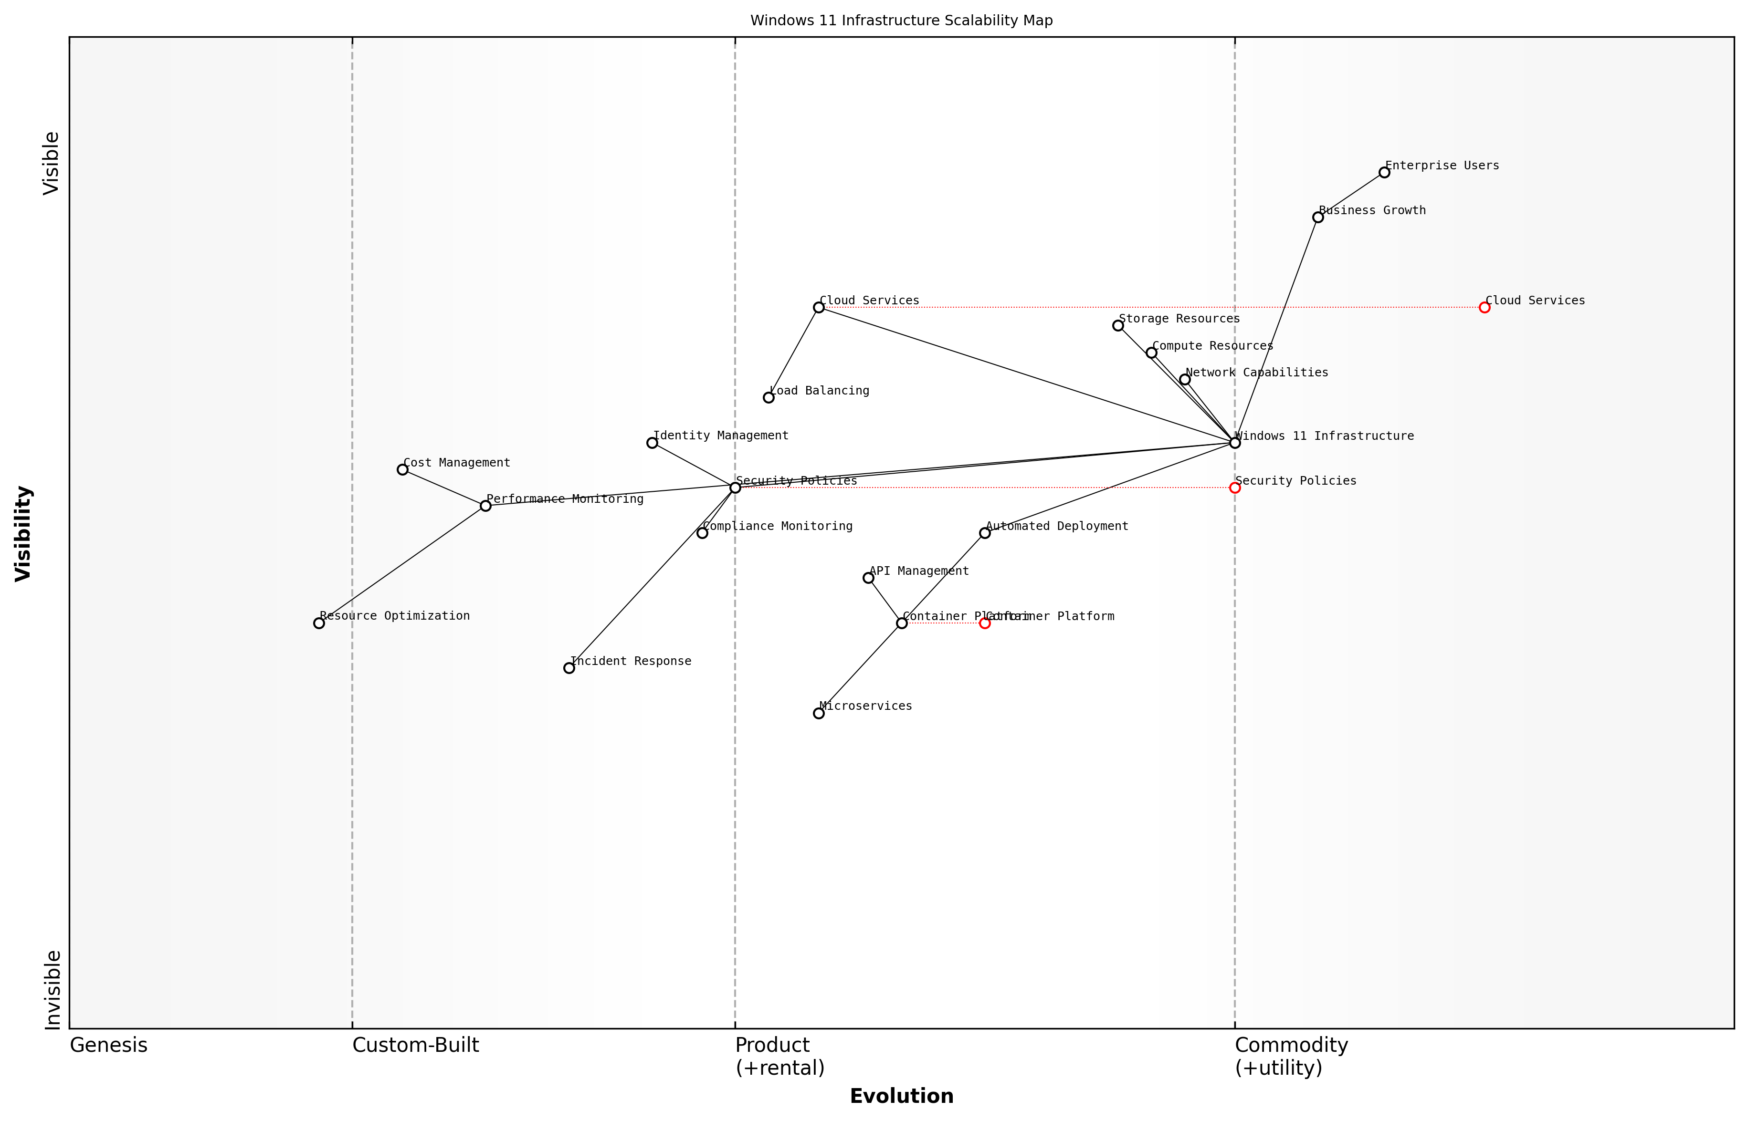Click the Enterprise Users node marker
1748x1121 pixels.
(x=1384, y=173)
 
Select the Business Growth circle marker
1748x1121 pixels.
(x=1317, y=218)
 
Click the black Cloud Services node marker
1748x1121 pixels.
(x=819, y=308)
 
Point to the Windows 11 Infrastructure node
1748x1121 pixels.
(x=1234, y=443)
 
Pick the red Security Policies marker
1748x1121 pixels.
(x=1234, y=488)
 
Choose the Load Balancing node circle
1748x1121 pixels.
(x=769, y=397)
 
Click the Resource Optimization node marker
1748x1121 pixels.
(x=319, y=623)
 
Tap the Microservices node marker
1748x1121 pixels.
(x=819, y=713)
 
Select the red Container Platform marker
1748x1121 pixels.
(x=985, y=623)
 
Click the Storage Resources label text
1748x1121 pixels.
(x=1179, y=319)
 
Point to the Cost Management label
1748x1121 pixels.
(x=457, y=463)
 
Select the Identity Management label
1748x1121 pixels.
(x=720, y=436)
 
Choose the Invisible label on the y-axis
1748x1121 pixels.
(x=52, y=990)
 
